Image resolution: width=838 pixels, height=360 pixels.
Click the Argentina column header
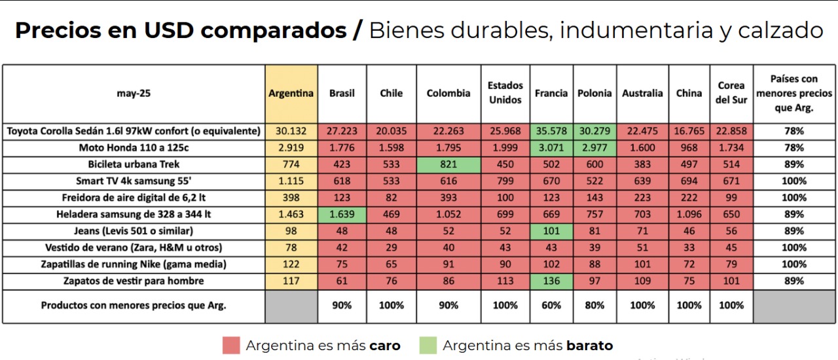291,93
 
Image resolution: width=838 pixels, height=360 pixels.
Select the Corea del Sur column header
731,93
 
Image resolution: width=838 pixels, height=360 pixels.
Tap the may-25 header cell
134,93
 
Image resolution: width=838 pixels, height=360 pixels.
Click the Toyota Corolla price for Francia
551,131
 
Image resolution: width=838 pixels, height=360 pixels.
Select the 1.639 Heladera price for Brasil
342,214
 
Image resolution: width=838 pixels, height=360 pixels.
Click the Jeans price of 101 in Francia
551,231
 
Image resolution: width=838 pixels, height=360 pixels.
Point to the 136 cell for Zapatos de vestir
551,281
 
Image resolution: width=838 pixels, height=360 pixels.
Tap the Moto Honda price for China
689,147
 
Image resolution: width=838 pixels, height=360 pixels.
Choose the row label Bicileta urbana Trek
134,164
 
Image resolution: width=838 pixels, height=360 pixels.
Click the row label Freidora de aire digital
134,197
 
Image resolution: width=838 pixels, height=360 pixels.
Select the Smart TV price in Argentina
291,181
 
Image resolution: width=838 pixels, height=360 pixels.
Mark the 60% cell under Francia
551,306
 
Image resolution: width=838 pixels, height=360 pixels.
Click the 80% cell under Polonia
594,306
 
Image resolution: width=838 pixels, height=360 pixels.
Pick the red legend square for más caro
231,345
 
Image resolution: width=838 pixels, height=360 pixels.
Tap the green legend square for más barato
428,345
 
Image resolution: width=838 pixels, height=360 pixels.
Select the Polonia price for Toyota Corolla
594,131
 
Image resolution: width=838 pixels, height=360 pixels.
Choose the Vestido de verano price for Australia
642,247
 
